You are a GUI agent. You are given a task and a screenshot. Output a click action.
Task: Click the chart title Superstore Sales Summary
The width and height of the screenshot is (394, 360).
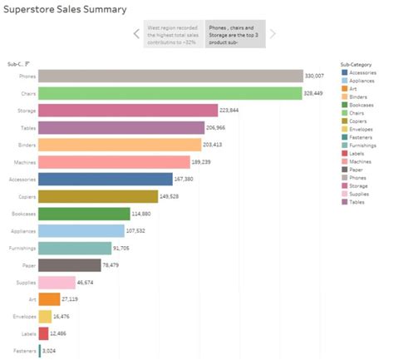[66, 10]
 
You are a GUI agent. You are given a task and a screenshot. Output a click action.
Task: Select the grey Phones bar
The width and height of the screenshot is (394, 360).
[170, 76]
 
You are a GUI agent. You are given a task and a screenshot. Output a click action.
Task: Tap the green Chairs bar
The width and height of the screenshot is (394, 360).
[170, 93]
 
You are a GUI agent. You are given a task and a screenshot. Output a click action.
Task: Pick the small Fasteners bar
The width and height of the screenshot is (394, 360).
[40, 352]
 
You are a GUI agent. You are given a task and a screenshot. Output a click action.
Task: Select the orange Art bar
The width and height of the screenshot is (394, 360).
[49, 299]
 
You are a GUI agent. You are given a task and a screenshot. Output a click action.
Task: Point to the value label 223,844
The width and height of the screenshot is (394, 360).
[229, 111]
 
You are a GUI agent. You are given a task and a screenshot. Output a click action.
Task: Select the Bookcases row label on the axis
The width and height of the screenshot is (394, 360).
[23, 214]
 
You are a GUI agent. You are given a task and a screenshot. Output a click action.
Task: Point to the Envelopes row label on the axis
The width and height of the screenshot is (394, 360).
[23, 318]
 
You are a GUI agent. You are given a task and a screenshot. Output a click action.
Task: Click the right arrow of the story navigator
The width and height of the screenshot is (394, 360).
[273, 34]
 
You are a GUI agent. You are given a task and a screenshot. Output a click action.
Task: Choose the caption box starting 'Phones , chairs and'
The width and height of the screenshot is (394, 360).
[235, 34]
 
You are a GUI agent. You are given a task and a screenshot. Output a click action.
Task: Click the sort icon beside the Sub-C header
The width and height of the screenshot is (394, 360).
[28, 63]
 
